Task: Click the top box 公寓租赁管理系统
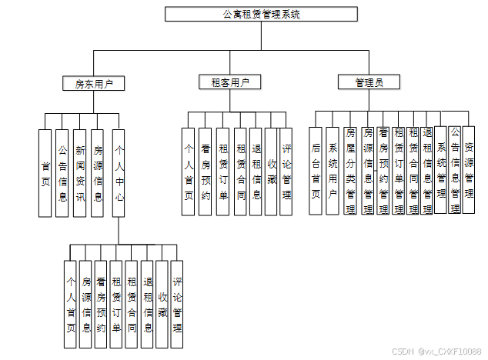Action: [262, 14]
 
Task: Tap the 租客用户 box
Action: [230, 82]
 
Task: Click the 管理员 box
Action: [369, 82]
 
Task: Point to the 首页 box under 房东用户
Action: [45, 173]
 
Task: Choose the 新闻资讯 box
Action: [80, 173]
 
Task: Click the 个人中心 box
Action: [119, 173]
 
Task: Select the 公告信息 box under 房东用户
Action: [62, 173]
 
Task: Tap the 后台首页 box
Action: [316, 171]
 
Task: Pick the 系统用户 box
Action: [333, 171]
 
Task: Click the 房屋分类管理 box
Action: [350, 171]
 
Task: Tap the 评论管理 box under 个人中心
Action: [177, 304]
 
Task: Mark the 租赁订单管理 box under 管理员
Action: [399, 171]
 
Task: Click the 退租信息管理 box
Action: [426, 171]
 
